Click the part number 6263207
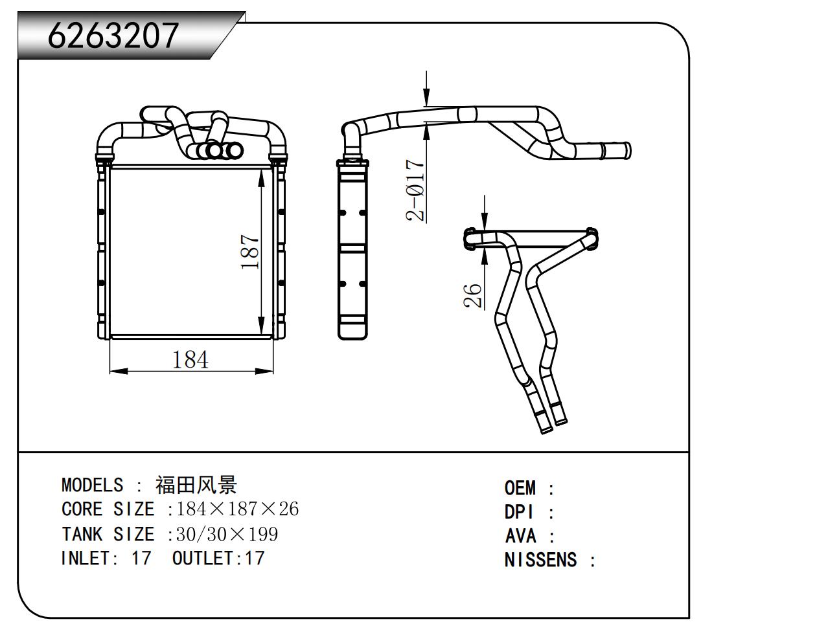pyautogui.click(x=113, y=35)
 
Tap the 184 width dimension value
pyautogui.click(x=190, y=359)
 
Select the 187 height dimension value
pyautogui.click(x=251, y=252)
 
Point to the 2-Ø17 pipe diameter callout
pyautogui.click(x=416, y=190)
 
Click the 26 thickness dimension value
pyautogui.click(x=474, y=295)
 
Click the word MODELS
pyautogui.click(x=92, y=485)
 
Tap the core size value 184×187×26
pyautogui.click(x=238, y=509)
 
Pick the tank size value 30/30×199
pyautogui.click(x=227, y=534)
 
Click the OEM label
pyautogui.click(x=520, y=488)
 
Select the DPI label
pyautogui.click(x=520, y=512)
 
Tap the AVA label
pyautogui.click(x=520, y=536)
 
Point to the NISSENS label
pyautogui.click(x=540, y=560)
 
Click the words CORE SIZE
pyautogui.click(x=108, y=509)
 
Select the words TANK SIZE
pyautogui.click(x=108, y=534)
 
